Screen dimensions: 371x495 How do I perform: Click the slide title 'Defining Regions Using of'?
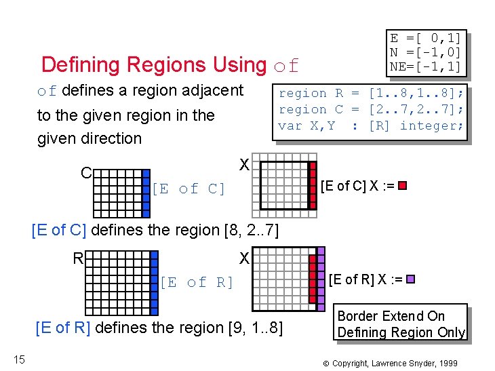click(170, 65)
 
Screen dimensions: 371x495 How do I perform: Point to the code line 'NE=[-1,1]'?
click(425, 66)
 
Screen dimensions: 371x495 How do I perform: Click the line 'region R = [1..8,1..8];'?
click(371, 93)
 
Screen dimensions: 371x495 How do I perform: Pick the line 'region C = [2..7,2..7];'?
click(371, 109)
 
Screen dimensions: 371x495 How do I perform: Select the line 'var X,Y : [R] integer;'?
click(371, 125)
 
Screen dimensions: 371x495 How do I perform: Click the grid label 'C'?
click(86, 173)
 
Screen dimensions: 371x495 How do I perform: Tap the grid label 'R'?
click(79, 258)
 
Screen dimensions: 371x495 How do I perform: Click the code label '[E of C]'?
click(189, 189)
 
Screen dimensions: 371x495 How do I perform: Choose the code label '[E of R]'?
click(196, 282)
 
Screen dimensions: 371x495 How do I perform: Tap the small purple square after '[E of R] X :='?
click(410, 279)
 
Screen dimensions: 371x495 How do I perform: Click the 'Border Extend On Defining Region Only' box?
click(401, 324)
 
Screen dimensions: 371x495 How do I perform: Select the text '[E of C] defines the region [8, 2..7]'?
click(155, 230)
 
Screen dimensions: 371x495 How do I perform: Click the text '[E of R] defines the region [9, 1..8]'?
click(158, 328)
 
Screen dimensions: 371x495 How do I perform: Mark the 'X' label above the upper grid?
click(244, 164)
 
